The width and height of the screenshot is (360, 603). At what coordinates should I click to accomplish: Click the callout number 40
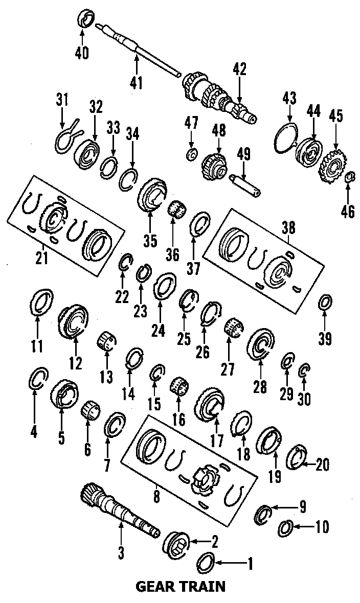[82, 52]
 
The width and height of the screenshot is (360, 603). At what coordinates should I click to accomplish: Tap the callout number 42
[239, 68]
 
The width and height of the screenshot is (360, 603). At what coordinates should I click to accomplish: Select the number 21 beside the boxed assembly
[41, 259]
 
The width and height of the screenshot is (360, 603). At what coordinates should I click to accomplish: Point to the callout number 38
[289, 230]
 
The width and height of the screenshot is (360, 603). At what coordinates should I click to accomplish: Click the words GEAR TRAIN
[180, 586]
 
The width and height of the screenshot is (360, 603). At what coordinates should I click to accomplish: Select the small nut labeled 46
[351, 177]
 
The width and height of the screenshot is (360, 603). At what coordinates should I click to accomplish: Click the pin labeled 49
[245, 182]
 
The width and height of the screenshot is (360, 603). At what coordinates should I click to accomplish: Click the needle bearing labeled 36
[176, 210]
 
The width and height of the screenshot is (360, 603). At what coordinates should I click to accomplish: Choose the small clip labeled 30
[304, 369]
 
